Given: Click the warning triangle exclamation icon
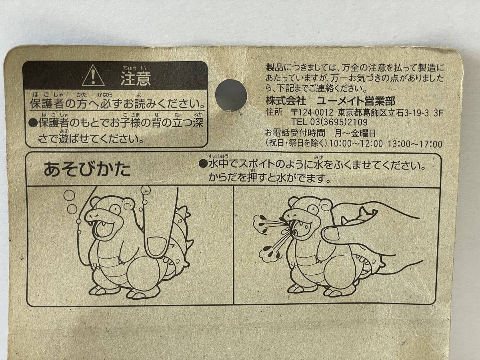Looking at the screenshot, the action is click(93, 76).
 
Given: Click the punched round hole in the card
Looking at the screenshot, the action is click(231, 95).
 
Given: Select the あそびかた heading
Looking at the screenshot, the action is click(87, 170).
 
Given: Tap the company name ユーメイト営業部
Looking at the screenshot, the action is click(356, 101).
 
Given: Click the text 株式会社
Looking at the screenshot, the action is click(286, 101).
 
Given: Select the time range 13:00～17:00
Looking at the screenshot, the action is click(415, 144).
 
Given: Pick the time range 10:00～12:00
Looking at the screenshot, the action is click(356, 144).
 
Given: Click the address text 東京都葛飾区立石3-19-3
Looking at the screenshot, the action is click(383, 113).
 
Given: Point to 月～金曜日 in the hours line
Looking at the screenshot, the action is click(355, 133).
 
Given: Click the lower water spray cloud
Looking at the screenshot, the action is click(270, 253).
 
